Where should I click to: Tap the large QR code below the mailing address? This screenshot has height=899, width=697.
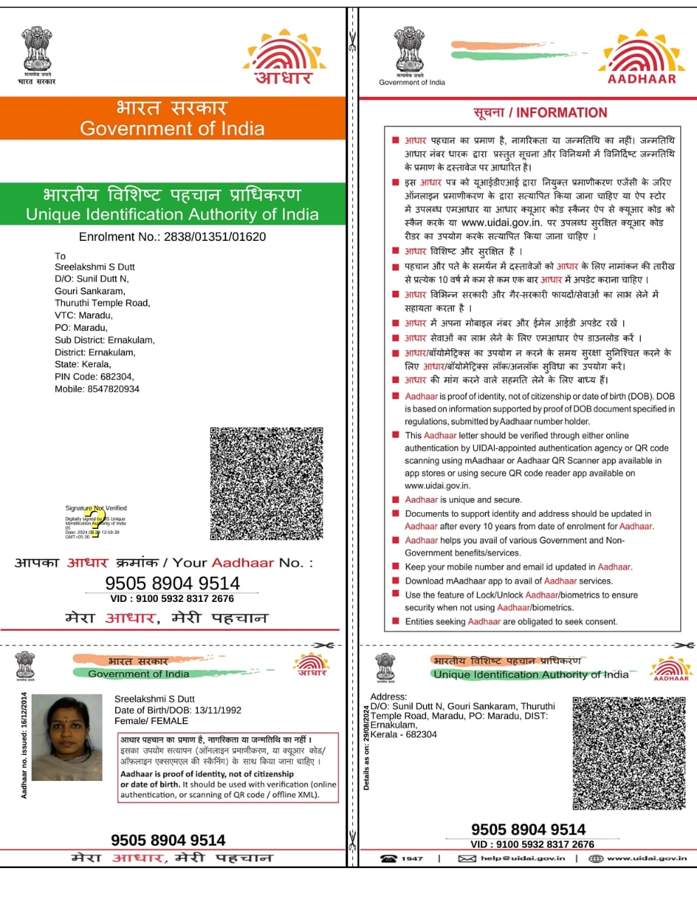[267, 483]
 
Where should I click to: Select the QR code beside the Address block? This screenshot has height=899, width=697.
[629, 753]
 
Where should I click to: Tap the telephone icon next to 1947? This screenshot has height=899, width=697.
[388, 858]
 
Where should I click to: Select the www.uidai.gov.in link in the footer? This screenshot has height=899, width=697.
[646, 858]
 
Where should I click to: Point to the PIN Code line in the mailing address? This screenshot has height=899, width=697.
[94, 376]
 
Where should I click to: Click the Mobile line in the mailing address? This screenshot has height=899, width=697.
[97, 388]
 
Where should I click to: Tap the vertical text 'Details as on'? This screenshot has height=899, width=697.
[366, 748]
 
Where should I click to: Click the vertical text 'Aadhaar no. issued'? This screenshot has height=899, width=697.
[25, 745]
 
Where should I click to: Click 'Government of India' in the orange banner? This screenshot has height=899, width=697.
[172, 129]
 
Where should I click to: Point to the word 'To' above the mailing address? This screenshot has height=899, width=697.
[60, 256]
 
